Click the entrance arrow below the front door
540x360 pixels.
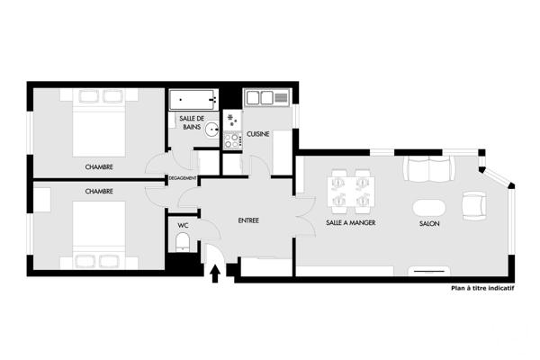pyautogui.click(x=216, y=274)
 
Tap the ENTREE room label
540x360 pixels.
pyautogui.click(x=248, y=220)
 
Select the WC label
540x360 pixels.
pyautogui.click(x=183, y=225)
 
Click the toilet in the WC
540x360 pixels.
pyautogui.click(x=183, y=241)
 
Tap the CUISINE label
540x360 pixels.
pyautogui.click(x=260, y=133)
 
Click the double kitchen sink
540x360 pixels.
pyautogui.click(x=267, y=97)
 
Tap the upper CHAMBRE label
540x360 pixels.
pyautogui.click(x=99, y=167)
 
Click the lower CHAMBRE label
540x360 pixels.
pyautogui.click(x=99, y=192)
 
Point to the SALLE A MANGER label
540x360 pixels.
pyautogui.click(x=351, y=222)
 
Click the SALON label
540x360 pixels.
pyautogui.click(x=428, y=222)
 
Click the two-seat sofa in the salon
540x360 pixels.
pyautogui.click(x=428, y=168)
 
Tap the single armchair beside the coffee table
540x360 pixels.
pyautogui.click(x=473, y=205)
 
